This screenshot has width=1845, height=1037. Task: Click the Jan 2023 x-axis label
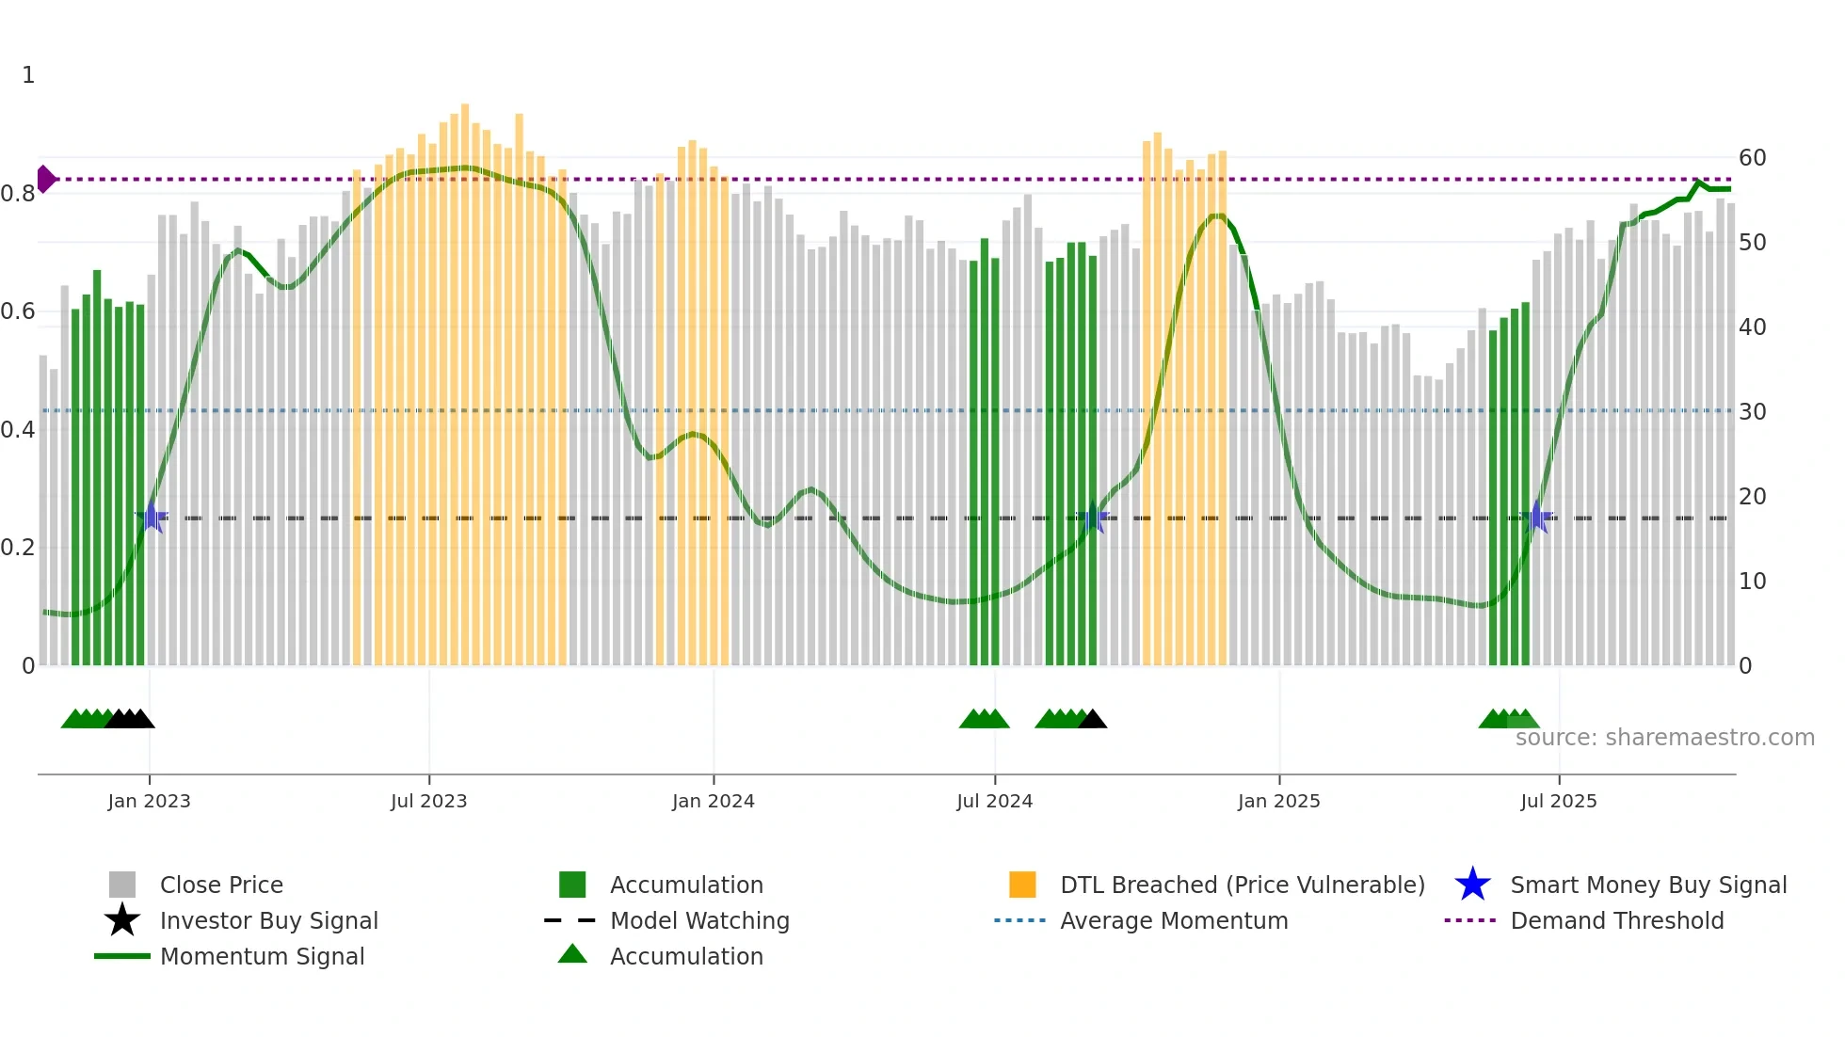(149, 801)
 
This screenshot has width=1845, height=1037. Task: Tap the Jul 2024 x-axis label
(994, 801)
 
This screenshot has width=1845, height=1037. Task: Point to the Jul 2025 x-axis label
(1558, 801)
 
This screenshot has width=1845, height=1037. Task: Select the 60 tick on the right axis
(1752, 158)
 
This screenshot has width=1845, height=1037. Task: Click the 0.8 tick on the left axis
(18, 194)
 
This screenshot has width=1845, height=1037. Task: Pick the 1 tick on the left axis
(28, 75)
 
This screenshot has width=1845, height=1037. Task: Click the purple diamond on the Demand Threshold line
(45, 179)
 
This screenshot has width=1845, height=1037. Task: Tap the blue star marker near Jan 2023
(152, 518)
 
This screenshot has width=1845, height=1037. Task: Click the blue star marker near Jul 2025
(1537, 518)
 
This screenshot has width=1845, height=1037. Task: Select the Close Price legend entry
(220, 885)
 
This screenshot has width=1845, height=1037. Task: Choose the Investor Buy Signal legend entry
(268, 920)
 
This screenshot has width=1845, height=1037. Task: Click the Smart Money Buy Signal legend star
(1472, 885)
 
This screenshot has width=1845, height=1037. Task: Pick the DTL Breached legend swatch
(1021, 885)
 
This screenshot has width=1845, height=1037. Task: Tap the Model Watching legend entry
(698, 920)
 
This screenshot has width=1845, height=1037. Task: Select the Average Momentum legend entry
(1173, 920)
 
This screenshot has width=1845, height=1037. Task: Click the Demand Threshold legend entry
(1616, 920)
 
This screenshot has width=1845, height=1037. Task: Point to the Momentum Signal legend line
(122, 956)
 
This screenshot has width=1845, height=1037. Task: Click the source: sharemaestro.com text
(1664, 738)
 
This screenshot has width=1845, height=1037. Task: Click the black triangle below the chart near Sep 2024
(1092, 720)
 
